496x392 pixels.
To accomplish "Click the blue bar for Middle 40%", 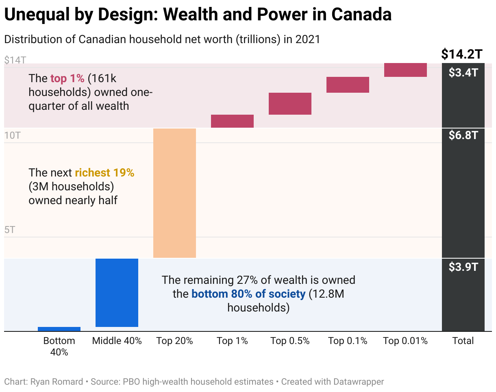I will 117,292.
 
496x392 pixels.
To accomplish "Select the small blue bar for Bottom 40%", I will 59,329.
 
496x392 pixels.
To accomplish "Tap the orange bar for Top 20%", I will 174,193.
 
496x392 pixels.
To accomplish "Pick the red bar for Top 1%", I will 232,121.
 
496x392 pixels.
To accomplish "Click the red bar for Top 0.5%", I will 290,104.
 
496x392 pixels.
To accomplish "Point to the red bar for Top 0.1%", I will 348,85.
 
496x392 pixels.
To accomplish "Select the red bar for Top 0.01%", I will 405,70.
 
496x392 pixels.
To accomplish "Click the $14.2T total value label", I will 462,54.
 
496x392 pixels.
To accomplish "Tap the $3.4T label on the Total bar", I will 463,73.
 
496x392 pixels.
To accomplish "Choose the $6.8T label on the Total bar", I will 463,135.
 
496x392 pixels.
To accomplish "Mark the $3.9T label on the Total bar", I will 463,267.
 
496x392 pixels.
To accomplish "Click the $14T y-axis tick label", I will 15,60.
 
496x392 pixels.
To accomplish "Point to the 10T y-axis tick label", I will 12,135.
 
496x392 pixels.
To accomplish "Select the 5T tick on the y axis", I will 10,230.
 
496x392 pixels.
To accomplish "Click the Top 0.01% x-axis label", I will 405,341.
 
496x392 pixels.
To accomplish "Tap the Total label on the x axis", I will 463,341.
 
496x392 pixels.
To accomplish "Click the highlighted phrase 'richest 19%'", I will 104,173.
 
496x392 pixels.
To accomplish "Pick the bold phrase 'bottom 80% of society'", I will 248,294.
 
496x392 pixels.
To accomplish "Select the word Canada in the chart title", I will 361,15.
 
